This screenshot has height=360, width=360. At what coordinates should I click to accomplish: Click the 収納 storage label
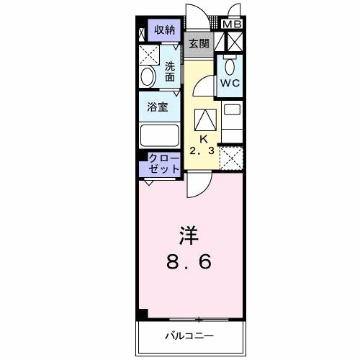165,30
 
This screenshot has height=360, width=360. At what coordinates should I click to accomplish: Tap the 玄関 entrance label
199,44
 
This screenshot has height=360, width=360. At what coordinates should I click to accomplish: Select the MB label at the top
232,24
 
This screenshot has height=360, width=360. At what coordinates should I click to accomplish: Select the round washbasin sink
148,77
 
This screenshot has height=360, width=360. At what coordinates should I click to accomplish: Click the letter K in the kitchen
203,139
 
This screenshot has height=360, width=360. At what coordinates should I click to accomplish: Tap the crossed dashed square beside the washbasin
149,55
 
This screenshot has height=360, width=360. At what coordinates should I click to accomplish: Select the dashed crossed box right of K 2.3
230,158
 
